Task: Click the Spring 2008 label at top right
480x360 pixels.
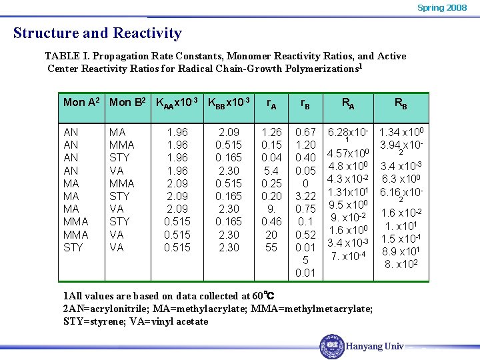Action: coord(442,8)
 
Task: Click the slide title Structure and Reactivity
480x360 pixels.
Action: coord(97,33)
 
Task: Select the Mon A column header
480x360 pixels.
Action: coord(81,102)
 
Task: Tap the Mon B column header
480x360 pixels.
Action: coord(127,102)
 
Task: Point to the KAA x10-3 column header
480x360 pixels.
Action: coord(177,103)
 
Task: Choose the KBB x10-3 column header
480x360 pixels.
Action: coord(229,103)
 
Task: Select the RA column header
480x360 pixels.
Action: coord(348,103)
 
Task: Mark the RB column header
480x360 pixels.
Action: coord(401,103)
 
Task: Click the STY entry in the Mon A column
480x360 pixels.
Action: coord(73,247)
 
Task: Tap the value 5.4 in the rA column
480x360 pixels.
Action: coord(271,171)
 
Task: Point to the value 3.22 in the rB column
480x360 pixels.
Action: coord(305,196)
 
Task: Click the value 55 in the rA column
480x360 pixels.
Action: coord(271,247)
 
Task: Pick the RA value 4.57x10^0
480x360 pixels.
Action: coord(348,154)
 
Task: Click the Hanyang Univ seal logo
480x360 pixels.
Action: coord(331,346)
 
